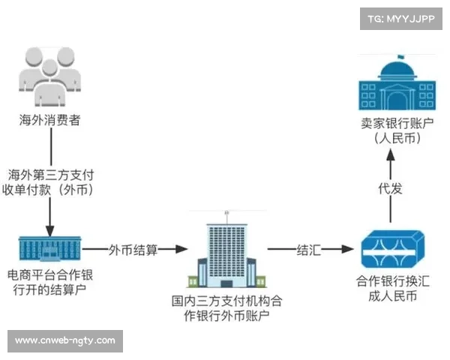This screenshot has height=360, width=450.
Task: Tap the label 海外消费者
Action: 50,119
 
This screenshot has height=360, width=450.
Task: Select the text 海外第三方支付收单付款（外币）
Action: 51,181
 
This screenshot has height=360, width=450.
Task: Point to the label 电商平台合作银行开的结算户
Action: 50,283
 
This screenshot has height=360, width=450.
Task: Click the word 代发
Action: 391,188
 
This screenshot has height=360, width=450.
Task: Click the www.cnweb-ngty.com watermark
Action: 65,340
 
